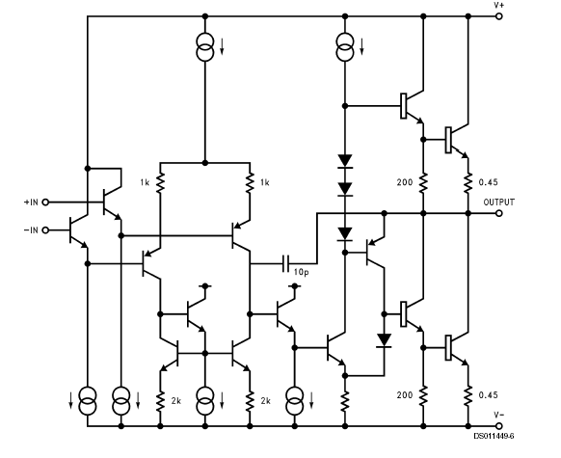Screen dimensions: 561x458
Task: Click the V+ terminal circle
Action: pos(498,16)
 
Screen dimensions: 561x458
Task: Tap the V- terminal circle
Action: pos(498,426)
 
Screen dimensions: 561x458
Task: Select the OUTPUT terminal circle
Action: pos(498,213)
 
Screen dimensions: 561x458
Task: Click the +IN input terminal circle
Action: pos(45,202)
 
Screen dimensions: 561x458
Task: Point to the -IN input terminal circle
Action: pos(45,230)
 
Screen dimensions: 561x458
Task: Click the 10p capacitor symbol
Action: pos(286,263)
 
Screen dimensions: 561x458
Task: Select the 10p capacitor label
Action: pos(301,273)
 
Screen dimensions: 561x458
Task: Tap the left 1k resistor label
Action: pos(145,183)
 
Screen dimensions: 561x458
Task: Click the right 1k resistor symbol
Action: pos(250,183)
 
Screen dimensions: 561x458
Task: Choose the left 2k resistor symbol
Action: pos(160,401)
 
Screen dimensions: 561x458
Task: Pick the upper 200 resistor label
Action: pos(405,182)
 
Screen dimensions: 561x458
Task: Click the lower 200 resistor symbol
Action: pos(423,395)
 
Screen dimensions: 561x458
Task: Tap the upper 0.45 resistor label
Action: pos(489,182)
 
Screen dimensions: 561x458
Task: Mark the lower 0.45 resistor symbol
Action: pos(467,395)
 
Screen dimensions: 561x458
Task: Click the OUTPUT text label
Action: pos(498,202)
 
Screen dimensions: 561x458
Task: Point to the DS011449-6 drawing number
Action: pos(494,436)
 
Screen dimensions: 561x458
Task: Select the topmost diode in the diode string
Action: pos(345,161)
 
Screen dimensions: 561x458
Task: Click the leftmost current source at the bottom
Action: pos(88,401)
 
